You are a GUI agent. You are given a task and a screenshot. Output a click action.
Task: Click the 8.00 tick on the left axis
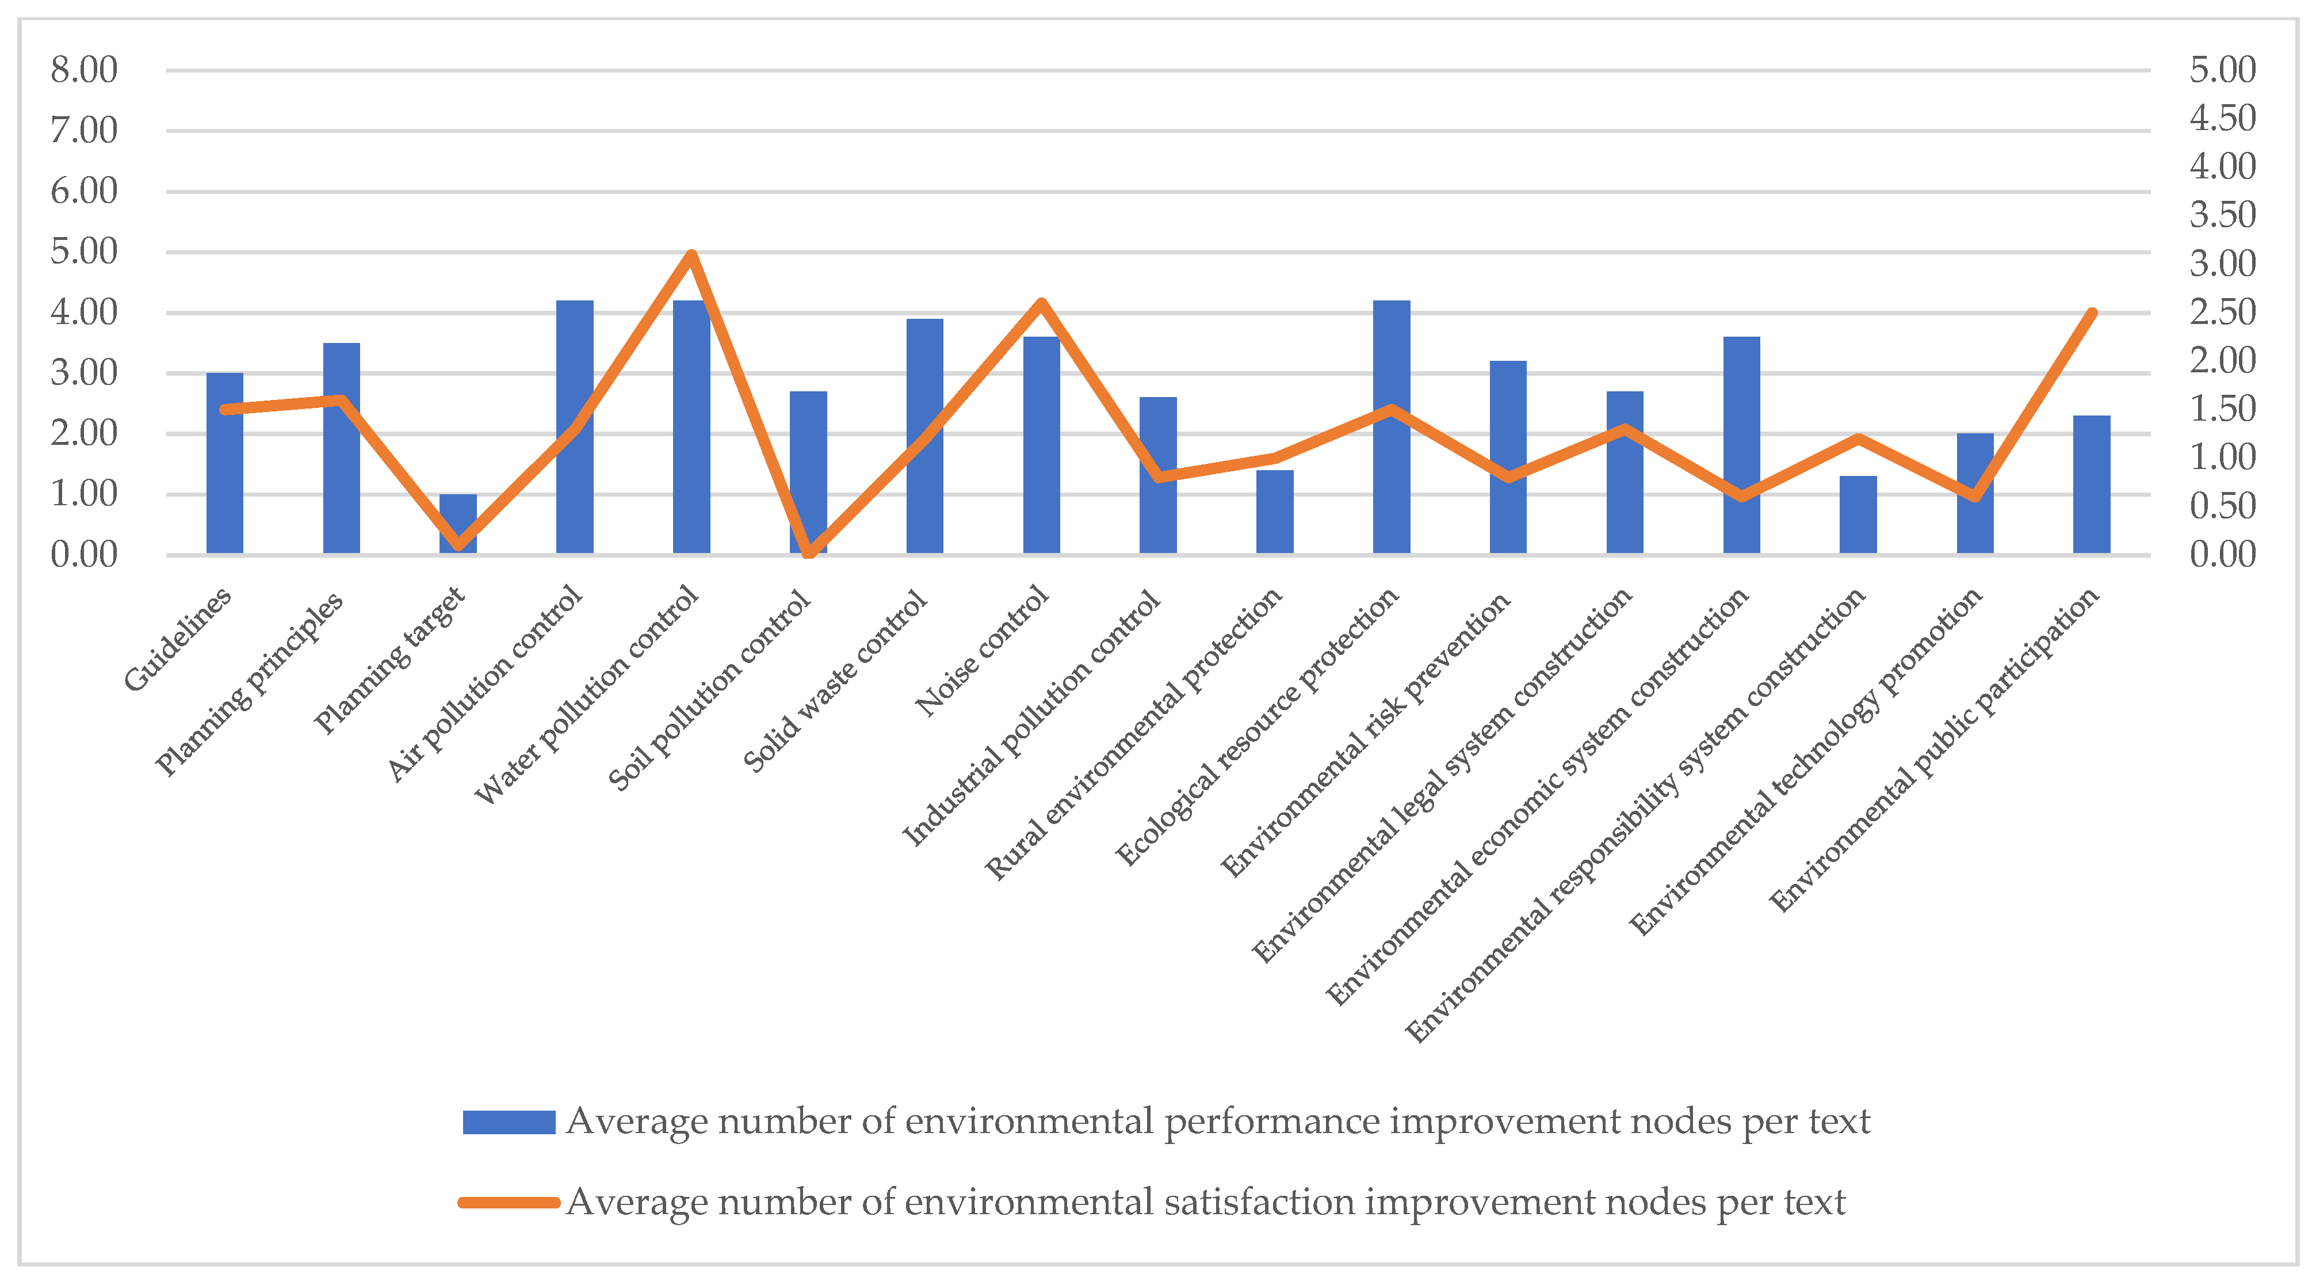83,70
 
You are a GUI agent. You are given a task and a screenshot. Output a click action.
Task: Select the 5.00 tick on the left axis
83,252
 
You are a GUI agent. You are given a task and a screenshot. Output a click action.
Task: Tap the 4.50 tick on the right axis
2222,118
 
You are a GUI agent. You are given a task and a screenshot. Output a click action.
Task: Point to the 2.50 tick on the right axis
2222,312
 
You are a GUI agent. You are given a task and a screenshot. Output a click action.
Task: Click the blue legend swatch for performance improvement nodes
509,1122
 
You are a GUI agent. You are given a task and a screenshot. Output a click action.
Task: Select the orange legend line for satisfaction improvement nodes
509,1202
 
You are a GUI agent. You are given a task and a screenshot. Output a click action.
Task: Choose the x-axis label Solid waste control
835,681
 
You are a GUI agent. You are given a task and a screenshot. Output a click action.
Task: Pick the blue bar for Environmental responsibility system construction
1858,514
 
